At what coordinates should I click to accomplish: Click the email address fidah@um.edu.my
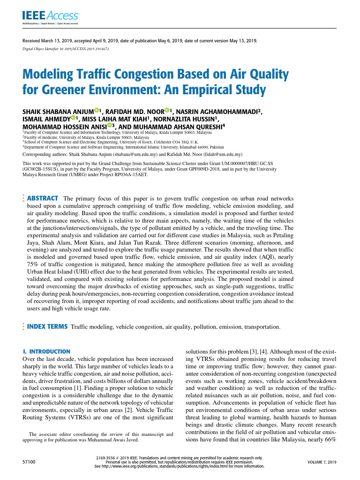[224, 154]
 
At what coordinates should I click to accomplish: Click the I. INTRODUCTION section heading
[46, 352]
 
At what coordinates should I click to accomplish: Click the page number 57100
[29, 462]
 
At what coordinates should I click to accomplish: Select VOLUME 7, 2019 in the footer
[322, 462]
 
